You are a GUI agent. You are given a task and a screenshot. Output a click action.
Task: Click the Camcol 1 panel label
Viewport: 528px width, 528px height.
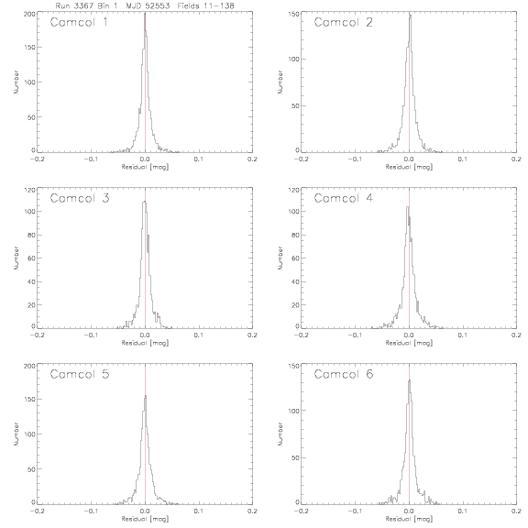pyautogui.click(x=79, y=22)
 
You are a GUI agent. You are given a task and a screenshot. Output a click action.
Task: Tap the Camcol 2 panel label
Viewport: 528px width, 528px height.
pyautogui.click(x=344, y=22)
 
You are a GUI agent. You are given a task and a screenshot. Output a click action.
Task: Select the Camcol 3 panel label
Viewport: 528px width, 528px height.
pyautogui.click(x=80, y=198)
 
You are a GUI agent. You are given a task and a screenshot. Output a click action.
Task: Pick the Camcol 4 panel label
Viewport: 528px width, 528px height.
pyautogui.click(x=344, y=198)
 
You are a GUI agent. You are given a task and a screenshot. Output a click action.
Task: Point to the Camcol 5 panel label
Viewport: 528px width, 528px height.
pyautogui.click(x=80, y=374)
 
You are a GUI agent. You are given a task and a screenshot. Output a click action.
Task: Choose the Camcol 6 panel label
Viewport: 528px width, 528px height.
pyautogui.click(x=344, y=374)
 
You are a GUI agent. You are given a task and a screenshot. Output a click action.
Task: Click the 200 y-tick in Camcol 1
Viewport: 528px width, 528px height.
pyautogui.click(x=29, y=14)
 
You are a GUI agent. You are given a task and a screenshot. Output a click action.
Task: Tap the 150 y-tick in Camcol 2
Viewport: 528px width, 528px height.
pyautogui.click(x=293, y=14)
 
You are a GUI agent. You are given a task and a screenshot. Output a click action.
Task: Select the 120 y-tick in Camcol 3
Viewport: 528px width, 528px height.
pyautogui.click(x=29, y=190)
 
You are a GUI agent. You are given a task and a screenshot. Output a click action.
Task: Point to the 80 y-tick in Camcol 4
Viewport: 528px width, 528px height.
pyautogui.click(x=295, y=235)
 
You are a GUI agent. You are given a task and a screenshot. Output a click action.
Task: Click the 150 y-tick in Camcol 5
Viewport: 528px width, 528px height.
pyautogui.click(x=29, y=399)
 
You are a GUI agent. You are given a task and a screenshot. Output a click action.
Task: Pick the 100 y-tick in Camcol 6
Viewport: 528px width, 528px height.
pyautogui.click(x=293, y=411)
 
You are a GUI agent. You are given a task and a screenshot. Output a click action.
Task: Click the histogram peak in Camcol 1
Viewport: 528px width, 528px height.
pyautogui.click(x=145, y=14)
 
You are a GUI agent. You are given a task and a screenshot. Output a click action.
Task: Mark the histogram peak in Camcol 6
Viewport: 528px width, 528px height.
pyautogui.click(x=409, y=380)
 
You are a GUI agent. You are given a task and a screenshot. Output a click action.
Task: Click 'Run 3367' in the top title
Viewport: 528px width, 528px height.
pyautogui.click(x=72, y=5)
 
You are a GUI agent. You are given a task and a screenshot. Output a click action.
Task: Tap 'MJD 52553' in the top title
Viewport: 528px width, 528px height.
pyautogui.click(x=148, y=5)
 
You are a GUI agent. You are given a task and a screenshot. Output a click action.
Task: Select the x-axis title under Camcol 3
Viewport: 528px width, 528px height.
pyautogui.click(x=145, y=343)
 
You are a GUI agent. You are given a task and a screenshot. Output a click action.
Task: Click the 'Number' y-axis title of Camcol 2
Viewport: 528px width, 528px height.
pyautogui.click(x=280, y=82)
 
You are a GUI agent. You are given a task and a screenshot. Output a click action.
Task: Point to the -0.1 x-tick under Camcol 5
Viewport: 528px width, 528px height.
pyautogui.click(x=91, y=511)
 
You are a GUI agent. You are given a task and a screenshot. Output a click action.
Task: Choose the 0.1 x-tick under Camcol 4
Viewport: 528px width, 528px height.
pyautogui.click(x=463, y=335)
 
